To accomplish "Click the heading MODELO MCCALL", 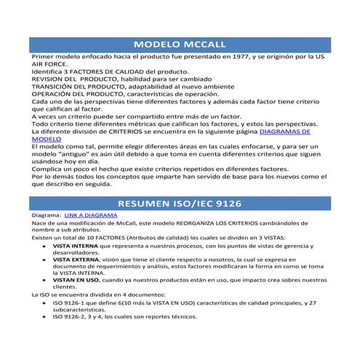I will (180, 44).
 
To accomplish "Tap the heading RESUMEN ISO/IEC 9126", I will (180, 203).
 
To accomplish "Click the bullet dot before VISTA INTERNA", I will (45, 246).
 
